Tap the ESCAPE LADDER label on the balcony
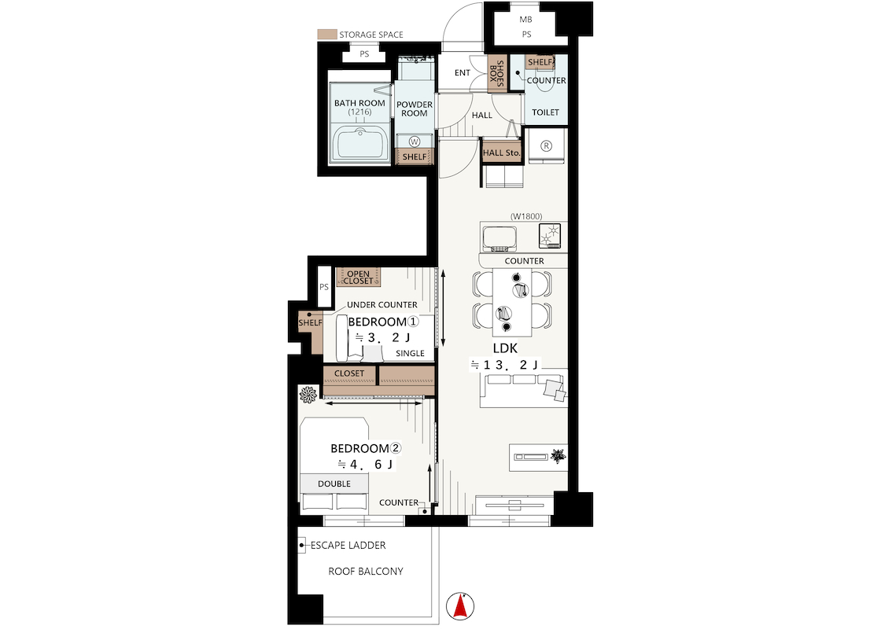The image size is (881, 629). click(x=348, y=545)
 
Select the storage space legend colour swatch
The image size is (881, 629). click(x=326, y=35)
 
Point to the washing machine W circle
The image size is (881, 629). click(x=415, y=142)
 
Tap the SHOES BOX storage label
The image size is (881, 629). click(x=497, y=74)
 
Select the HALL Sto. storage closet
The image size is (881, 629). click(x=501, y=153)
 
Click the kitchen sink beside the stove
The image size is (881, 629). click(x=499, y=236)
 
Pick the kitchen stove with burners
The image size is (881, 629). click(x=551, y=235)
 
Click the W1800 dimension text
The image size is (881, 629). click(x=526, y=215)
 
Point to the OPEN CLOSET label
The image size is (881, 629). click(x=359, y=278)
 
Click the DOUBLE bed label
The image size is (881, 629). click(x=334, y=484)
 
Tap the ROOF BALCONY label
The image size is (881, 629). click(x=365, y=572)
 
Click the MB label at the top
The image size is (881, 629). click(x=526, y=20)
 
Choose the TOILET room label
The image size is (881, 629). click(x=545, y=112)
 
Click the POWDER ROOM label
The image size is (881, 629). click(x=415, y=109)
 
